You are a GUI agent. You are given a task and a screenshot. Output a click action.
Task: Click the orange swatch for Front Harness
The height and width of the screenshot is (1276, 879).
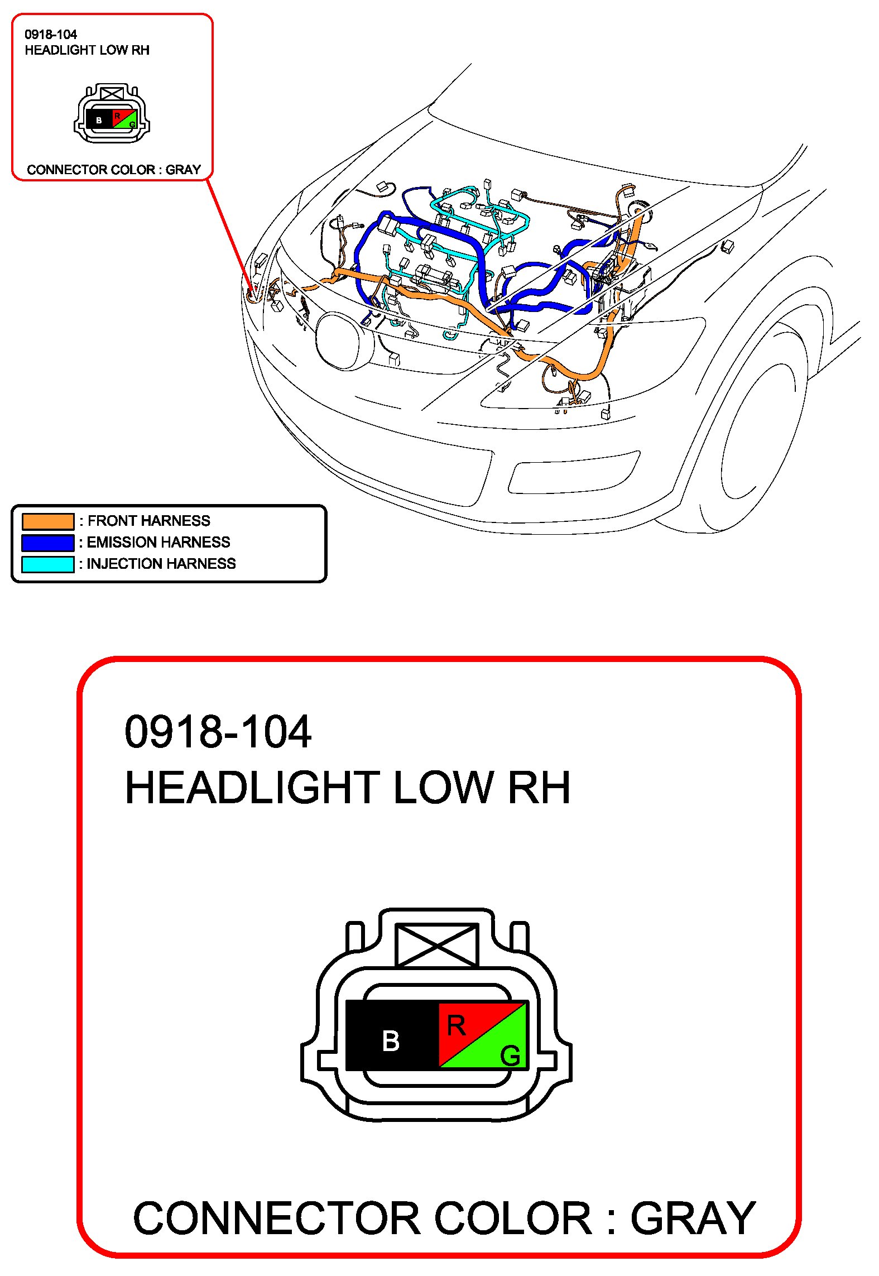point(48,521)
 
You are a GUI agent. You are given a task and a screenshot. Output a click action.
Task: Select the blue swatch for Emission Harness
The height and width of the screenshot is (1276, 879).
point(48,543)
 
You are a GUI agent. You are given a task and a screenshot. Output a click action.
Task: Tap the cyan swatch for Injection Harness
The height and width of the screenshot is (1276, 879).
point(48,564)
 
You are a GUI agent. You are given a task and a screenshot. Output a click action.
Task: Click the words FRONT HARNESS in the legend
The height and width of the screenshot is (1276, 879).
point(149,521)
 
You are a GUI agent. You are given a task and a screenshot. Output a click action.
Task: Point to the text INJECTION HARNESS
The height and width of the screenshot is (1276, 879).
point(161,564)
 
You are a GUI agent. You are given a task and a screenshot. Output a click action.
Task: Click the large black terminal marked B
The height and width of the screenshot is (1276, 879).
point(392,1035)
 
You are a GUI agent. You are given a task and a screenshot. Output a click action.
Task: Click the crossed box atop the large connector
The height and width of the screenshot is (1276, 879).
point(436,944)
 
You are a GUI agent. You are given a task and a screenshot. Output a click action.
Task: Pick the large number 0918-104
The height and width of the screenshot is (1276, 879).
point(218,731)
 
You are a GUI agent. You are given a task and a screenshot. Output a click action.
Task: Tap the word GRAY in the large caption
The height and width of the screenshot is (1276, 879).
point(693,1219)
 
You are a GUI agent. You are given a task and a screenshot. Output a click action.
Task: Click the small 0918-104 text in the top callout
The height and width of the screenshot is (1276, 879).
point(51,35)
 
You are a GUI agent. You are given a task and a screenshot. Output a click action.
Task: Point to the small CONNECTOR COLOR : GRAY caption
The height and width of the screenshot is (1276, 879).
point(114,170)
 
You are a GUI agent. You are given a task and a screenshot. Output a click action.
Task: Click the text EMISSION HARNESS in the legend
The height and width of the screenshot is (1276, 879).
point(158,542)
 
